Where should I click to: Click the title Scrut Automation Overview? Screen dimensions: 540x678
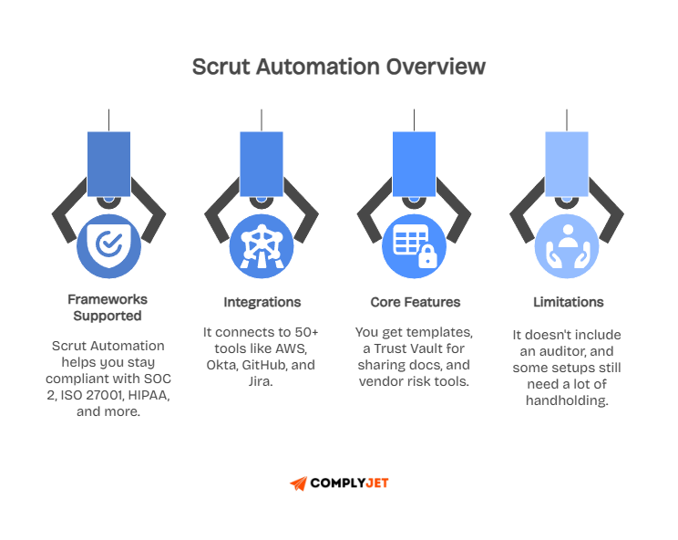click(x=338, y=67)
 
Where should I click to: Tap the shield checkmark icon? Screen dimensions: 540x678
click(x=108, y=244)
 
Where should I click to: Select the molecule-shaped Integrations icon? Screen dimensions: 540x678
click(x=262, y=244)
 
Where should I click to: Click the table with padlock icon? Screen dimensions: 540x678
click(x=414, y=244)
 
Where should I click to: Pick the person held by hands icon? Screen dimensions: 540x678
click(x=566, y=244)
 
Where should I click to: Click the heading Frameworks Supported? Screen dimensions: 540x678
click(x=108, y=307)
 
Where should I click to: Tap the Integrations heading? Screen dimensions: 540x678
click(x=262, y=302)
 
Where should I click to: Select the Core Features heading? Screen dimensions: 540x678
click(x=415, y=302)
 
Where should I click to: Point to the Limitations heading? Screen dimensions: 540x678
click(x=568, y=302)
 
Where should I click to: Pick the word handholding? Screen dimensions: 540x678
click(x=568, y=400)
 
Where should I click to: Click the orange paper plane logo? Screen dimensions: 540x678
click(x=298, y=483)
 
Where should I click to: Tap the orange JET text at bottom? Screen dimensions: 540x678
click(x=377, y=483)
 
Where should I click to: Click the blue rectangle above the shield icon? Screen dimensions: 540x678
click(x=108, y=164)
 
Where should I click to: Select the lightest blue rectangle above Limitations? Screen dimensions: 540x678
click(x=566, y=164)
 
